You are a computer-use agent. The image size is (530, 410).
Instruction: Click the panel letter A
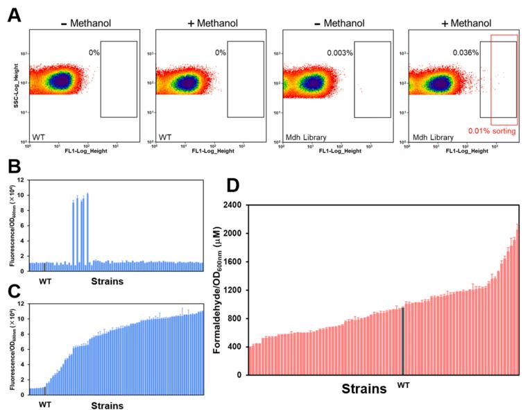pos(13,15)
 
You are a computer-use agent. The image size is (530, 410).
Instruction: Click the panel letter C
pos(13,289)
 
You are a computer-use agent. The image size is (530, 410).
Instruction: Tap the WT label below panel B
pos(45,280)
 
